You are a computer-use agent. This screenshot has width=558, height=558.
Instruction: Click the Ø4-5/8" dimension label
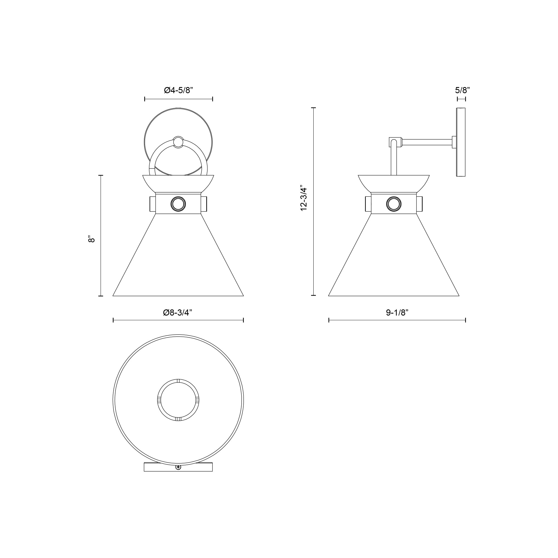[x=178, y=90]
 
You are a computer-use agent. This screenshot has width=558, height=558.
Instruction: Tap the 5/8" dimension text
[x=462, y=90]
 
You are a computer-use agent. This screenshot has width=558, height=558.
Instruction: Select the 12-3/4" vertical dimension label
[x=304, y=198]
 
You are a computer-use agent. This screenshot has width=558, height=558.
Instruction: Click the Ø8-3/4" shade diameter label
[x=178, y=312]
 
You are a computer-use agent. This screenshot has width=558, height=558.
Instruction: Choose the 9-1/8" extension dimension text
[x=397, y=312]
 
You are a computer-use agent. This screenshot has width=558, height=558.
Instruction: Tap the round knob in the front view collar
[x=178, y=204]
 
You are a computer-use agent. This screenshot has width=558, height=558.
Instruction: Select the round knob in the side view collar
[x=394, y=204]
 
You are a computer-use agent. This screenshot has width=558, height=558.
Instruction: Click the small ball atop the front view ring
[x=178, y=142]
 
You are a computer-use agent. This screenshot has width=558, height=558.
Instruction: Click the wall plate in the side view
[x=461, y=142]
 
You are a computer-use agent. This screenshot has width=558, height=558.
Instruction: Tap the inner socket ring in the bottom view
[x=178, y=400]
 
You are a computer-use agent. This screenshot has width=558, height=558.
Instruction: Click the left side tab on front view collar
[x=153, y=204]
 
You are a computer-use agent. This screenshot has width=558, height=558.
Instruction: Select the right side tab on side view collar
[x=419, y=204]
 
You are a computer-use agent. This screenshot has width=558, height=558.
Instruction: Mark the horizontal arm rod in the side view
[x=427, y=142]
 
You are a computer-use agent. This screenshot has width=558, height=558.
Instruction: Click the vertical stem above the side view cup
[x=394, y=162]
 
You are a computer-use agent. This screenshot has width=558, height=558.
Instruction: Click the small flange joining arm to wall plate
[x=454, y=142]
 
